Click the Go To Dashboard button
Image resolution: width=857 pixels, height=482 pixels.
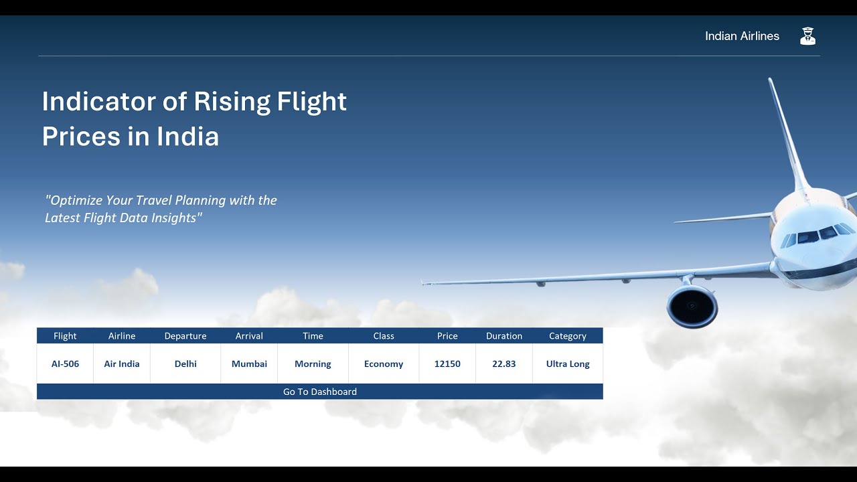pyautogui.click(x=319, y=392)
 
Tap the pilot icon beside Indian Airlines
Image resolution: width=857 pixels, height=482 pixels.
pyautogui.click(x=807, y=36)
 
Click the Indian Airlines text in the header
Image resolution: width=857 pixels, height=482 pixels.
pyautogui.click(x=742, y=36)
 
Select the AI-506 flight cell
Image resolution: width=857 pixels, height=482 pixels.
pyautogui.click(x=65, y=364)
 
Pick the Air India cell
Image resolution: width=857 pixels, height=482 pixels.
pyautogui.click(x=122, y=364)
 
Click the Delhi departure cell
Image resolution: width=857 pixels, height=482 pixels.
pyautogui.click(x=185, y=364)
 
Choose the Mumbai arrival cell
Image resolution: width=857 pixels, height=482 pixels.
pyautogui.click(x=249, y=364)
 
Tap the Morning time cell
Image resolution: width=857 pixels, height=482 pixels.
pyautogui.click(x=313, y=364)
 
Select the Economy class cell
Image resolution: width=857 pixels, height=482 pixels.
pyautogui.click(x=384, y=364)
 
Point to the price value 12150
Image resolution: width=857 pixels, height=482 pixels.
pyautogui.click(x=447, y=364)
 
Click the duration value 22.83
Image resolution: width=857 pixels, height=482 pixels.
pyautogui.click(x=504, y=364)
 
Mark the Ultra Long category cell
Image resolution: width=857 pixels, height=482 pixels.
pyautogui.click(x=568, y=364)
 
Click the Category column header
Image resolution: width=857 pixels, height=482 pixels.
pyautogui.click(x=568, y=336)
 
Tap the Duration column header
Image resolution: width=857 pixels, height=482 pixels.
pyautogui.click(x=504, y=336)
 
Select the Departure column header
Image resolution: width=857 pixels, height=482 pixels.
pyautogui.click(x=185, y=336)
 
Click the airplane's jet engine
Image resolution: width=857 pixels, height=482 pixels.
pyautogui.click(x=692, y=307)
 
